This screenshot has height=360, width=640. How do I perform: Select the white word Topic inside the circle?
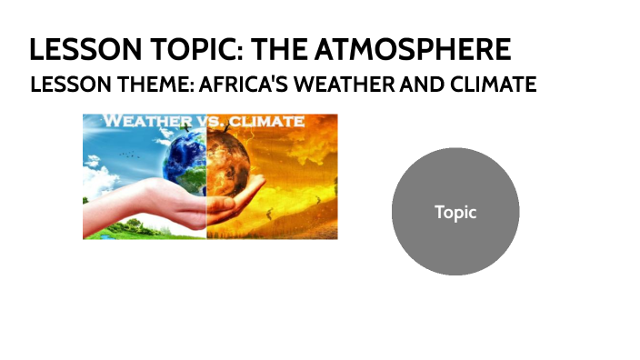tap(455, 212)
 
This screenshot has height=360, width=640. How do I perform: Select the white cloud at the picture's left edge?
tap(90, 164)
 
